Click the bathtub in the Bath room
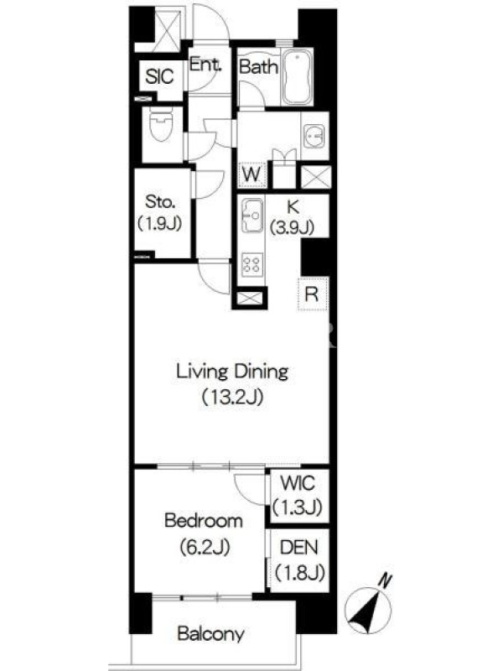[x=298, y=77]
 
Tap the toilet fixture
[x=161, y=124]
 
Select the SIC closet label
[x=159, y=77]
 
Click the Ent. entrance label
[x=205, y=65]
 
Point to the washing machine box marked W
[x=252, y=174]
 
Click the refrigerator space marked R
[x=312, y=294]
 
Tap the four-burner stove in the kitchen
[x=251, y=263]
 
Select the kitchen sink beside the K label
[x=251, y=216]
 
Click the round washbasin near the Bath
[x=314, y=136]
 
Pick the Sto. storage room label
[x=161, y=201]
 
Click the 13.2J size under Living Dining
[x=232, y=398]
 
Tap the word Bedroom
[x=204, y=521]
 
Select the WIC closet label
[x=298, y=484]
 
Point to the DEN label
[x=299, y=548]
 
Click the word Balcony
[x=211, y=634]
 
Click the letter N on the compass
[x=386, y=580]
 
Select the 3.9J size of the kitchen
[x=292, y=226]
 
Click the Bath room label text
[x=259, y=66]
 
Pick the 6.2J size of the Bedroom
[x=205, y=547]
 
